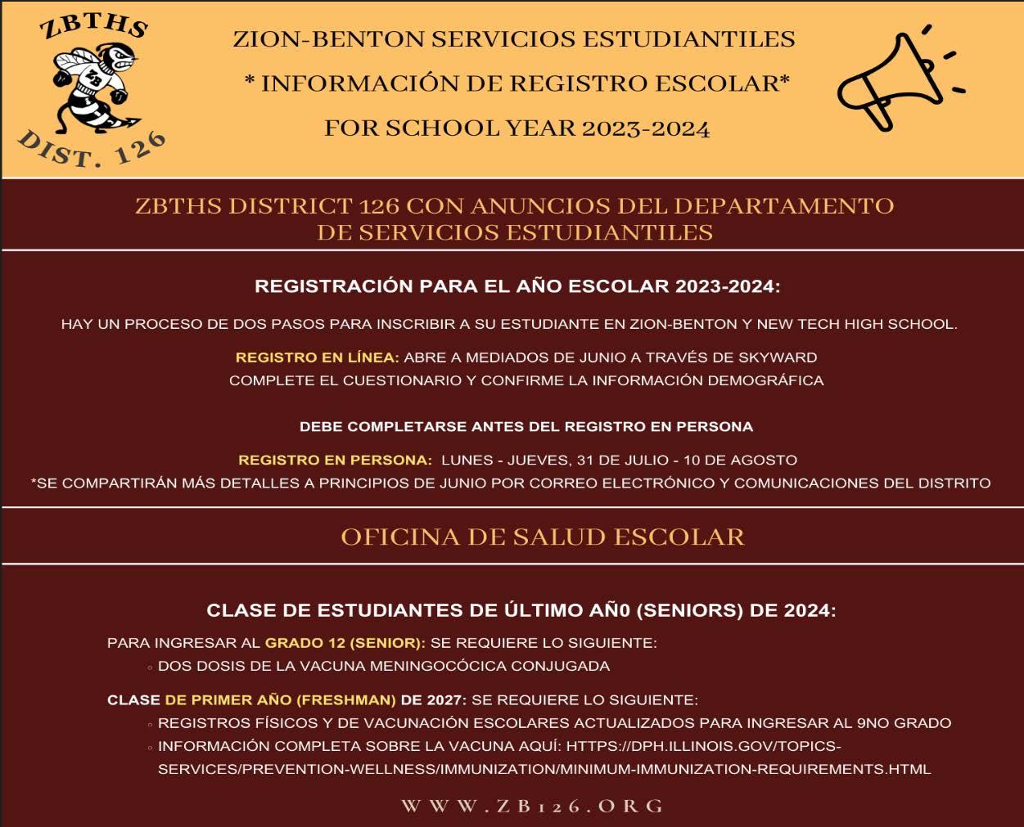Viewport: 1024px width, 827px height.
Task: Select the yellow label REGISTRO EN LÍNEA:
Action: [317, 357]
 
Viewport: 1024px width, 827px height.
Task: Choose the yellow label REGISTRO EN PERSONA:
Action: [335, 461]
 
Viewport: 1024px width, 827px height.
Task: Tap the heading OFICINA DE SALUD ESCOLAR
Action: [542, 537]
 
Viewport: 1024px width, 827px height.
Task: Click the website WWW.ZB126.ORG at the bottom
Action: [532, 806]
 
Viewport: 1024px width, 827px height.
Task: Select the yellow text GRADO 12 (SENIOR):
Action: [345, 643]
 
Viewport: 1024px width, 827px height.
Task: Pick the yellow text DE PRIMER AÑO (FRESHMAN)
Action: [280, 700]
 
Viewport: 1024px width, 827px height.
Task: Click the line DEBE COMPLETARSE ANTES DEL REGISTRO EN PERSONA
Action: [526, 427]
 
